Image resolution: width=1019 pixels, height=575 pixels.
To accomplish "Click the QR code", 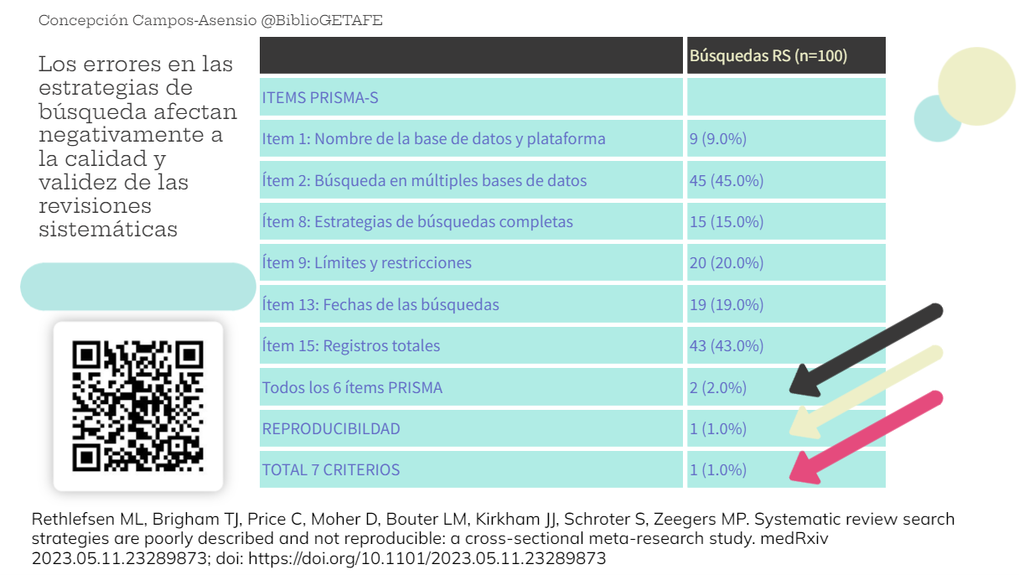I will tap(138, 406).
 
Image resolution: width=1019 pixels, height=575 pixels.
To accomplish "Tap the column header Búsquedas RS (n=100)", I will tap(768, 56).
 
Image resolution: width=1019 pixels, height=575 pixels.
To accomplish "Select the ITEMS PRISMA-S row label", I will tap(320, 98).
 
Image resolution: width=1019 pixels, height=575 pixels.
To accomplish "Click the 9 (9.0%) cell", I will tap(717, 139).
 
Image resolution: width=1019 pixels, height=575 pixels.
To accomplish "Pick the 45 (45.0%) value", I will tap(726, 180).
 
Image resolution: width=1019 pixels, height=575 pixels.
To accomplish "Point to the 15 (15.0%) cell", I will tap(726, 222).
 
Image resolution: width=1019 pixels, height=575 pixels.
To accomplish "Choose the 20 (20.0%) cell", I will tap(726, 263).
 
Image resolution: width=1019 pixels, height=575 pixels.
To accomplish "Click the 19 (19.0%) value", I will tap(726, 304).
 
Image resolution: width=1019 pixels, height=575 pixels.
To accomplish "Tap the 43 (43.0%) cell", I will tap(726, 345).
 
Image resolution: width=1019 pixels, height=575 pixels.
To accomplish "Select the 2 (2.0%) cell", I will tap(717, 387).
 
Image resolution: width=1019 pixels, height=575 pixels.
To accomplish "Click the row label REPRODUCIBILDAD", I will tap(331, 428).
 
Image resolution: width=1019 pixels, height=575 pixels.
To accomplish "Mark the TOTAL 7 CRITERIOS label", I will tap(331, 469).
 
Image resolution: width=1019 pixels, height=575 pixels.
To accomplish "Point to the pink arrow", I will tap(863, 438).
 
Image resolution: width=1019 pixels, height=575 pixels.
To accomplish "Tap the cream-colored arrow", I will tap(863, 393).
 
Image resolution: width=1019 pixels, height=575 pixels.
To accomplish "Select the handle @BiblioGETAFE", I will tap(322, 20).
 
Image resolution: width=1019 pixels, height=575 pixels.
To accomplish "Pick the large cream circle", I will tap(976, 86).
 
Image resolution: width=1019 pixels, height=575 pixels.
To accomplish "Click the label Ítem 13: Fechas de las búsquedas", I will tap(380, 304).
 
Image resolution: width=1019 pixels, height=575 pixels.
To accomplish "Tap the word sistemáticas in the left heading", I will tap(108, 229).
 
